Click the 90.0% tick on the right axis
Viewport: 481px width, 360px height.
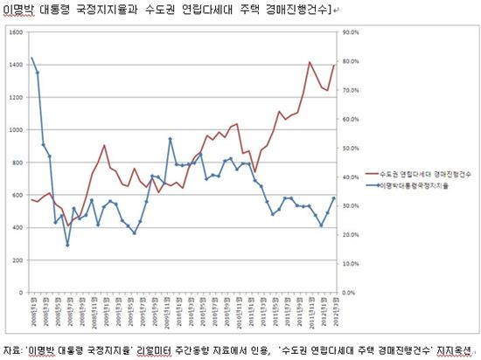pos(352,32)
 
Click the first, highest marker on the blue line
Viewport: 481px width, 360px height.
pos(31,59)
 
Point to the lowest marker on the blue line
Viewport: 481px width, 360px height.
pos(67,245)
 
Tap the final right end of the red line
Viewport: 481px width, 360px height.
pos(333,66)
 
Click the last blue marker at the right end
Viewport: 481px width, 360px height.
pos(333,199)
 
